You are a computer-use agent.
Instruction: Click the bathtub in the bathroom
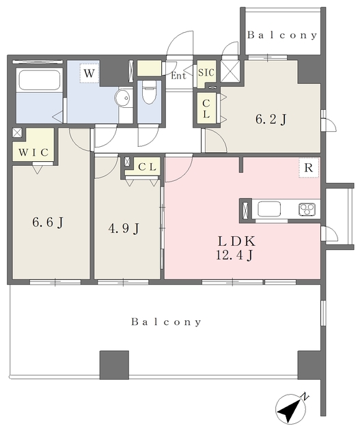40,80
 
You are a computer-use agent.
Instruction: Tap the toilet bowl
149,92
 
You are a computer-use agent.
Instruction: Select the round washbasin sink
123,98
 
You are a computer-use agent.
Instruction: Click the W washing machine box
89,73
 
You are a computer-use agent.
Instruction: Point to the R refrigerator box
309,168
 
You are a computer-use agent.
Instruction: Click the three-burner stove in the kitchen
307,210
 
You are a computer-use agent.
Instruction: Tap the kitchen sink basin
269,209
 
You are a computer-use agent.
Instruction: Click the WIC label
33,152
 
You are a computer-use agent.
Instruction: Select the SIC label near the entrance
206,73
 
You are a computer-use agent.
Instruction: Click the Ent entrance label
178,76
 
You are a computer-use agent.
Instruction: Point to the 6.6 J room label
48,223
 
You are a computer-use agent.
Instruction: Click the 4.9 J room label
124,229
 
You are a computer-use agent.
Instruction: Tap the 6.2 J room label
271,120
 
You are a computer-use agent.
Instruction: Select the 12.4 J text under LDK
234,255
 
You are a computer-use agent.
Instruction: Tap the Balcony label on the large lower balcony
166,322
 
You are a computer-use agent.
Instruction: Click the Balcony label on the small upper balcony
282,35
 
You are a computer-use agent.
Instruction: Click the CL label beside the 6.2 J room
206,109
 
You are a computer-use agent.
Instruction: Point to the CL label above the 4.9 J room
147,167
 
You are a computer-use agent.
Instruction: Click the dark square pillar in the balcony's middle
114,365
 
